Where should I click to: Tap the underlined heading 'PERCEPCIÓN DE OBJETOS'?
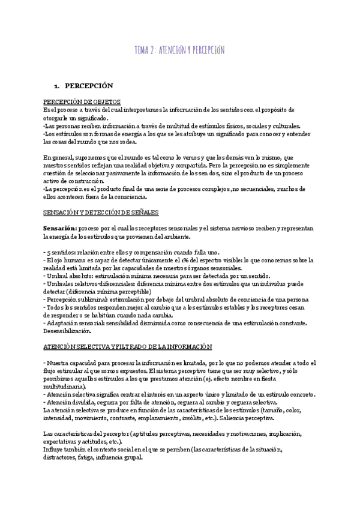coord(82,102)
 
